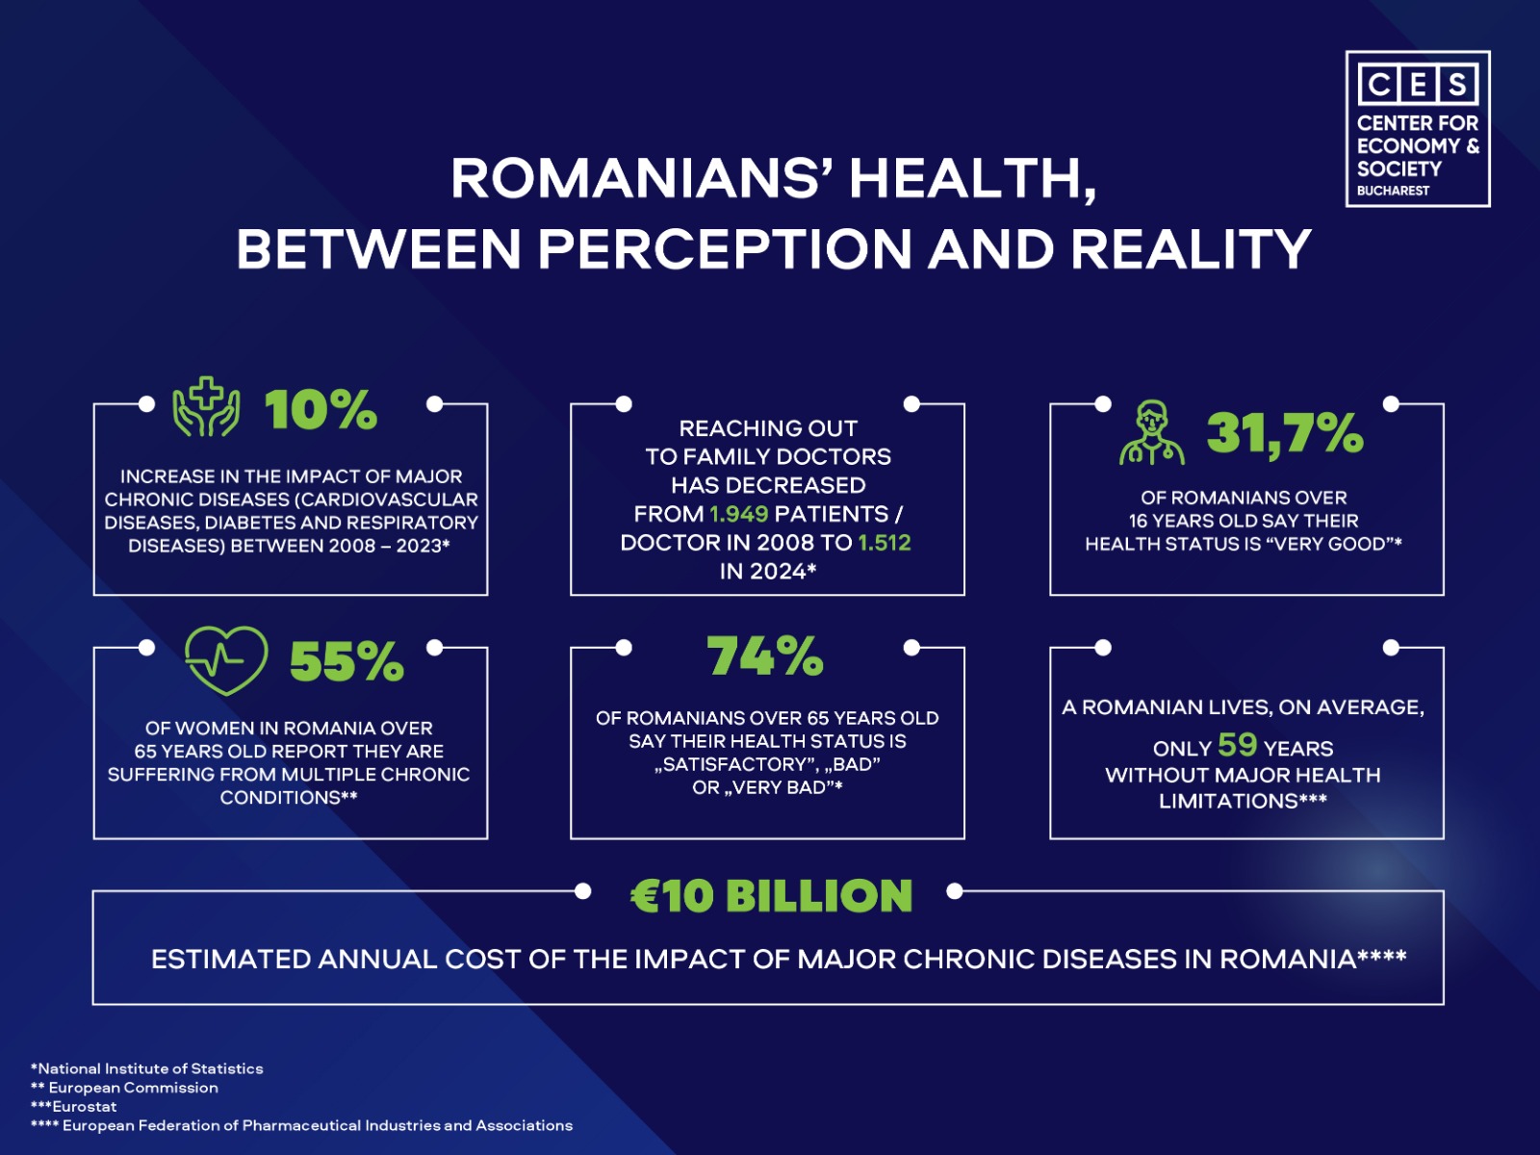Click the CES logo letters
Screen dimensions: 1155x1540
click(x=1417, y=85)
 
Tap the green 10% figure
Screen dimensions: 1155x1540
click(x=321, y=411)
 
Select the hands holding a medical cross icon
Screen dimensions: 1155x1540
click(x=206, y=408)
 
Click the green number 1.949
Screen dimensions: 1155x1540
click(x=738, y=514)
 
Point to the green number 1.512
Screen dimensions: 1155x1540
click(x=884, y=543)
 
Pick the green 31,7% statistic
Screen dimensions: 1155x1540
click(x=1285, y=434)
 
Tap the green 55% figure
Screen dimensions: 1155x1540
click(x=346, y=662)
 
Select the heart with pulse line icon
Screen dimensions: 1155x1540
click(x=226, y=660)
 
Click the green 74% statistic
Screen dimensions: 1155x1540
click(x=765, y=656)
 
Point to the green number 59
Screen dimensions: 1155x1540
click(x=1237, y=745)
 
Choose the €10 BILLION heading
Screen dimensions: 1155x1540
click(x=771, y=896)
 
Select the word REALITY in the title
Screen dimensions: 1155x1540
click(x=1191, y=249)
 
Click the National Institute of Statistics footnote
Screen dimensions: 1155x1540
click(x=147, y=1068)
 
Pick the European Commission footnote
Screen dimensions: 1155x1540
click(x=125, y=1088)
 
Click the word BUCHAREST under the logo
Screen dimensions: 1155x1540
click(x=1393, y=191)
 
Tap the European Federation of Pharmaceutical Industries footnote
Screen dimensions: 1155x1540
click(x=302, y=1125)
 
